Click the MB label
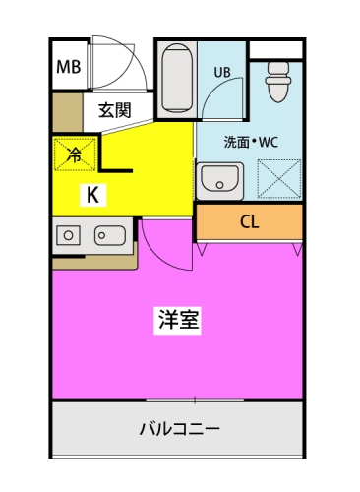(68, 68)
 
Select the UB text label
(223, 72)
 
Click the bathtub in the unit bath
(174, 78)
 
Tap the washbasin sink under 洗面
(218, 179)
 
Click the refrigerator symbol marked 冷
(75, 153)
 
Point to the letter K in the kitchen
(91, 194)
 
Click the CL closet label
(251, 221)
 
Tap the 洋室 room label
(178, 321)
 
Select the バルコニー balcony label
(178, 429)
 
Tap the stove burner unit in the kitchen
(68, 235)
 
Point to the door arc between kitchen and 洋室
(162, 246)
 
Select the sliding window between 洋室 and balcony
(195, 399)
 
